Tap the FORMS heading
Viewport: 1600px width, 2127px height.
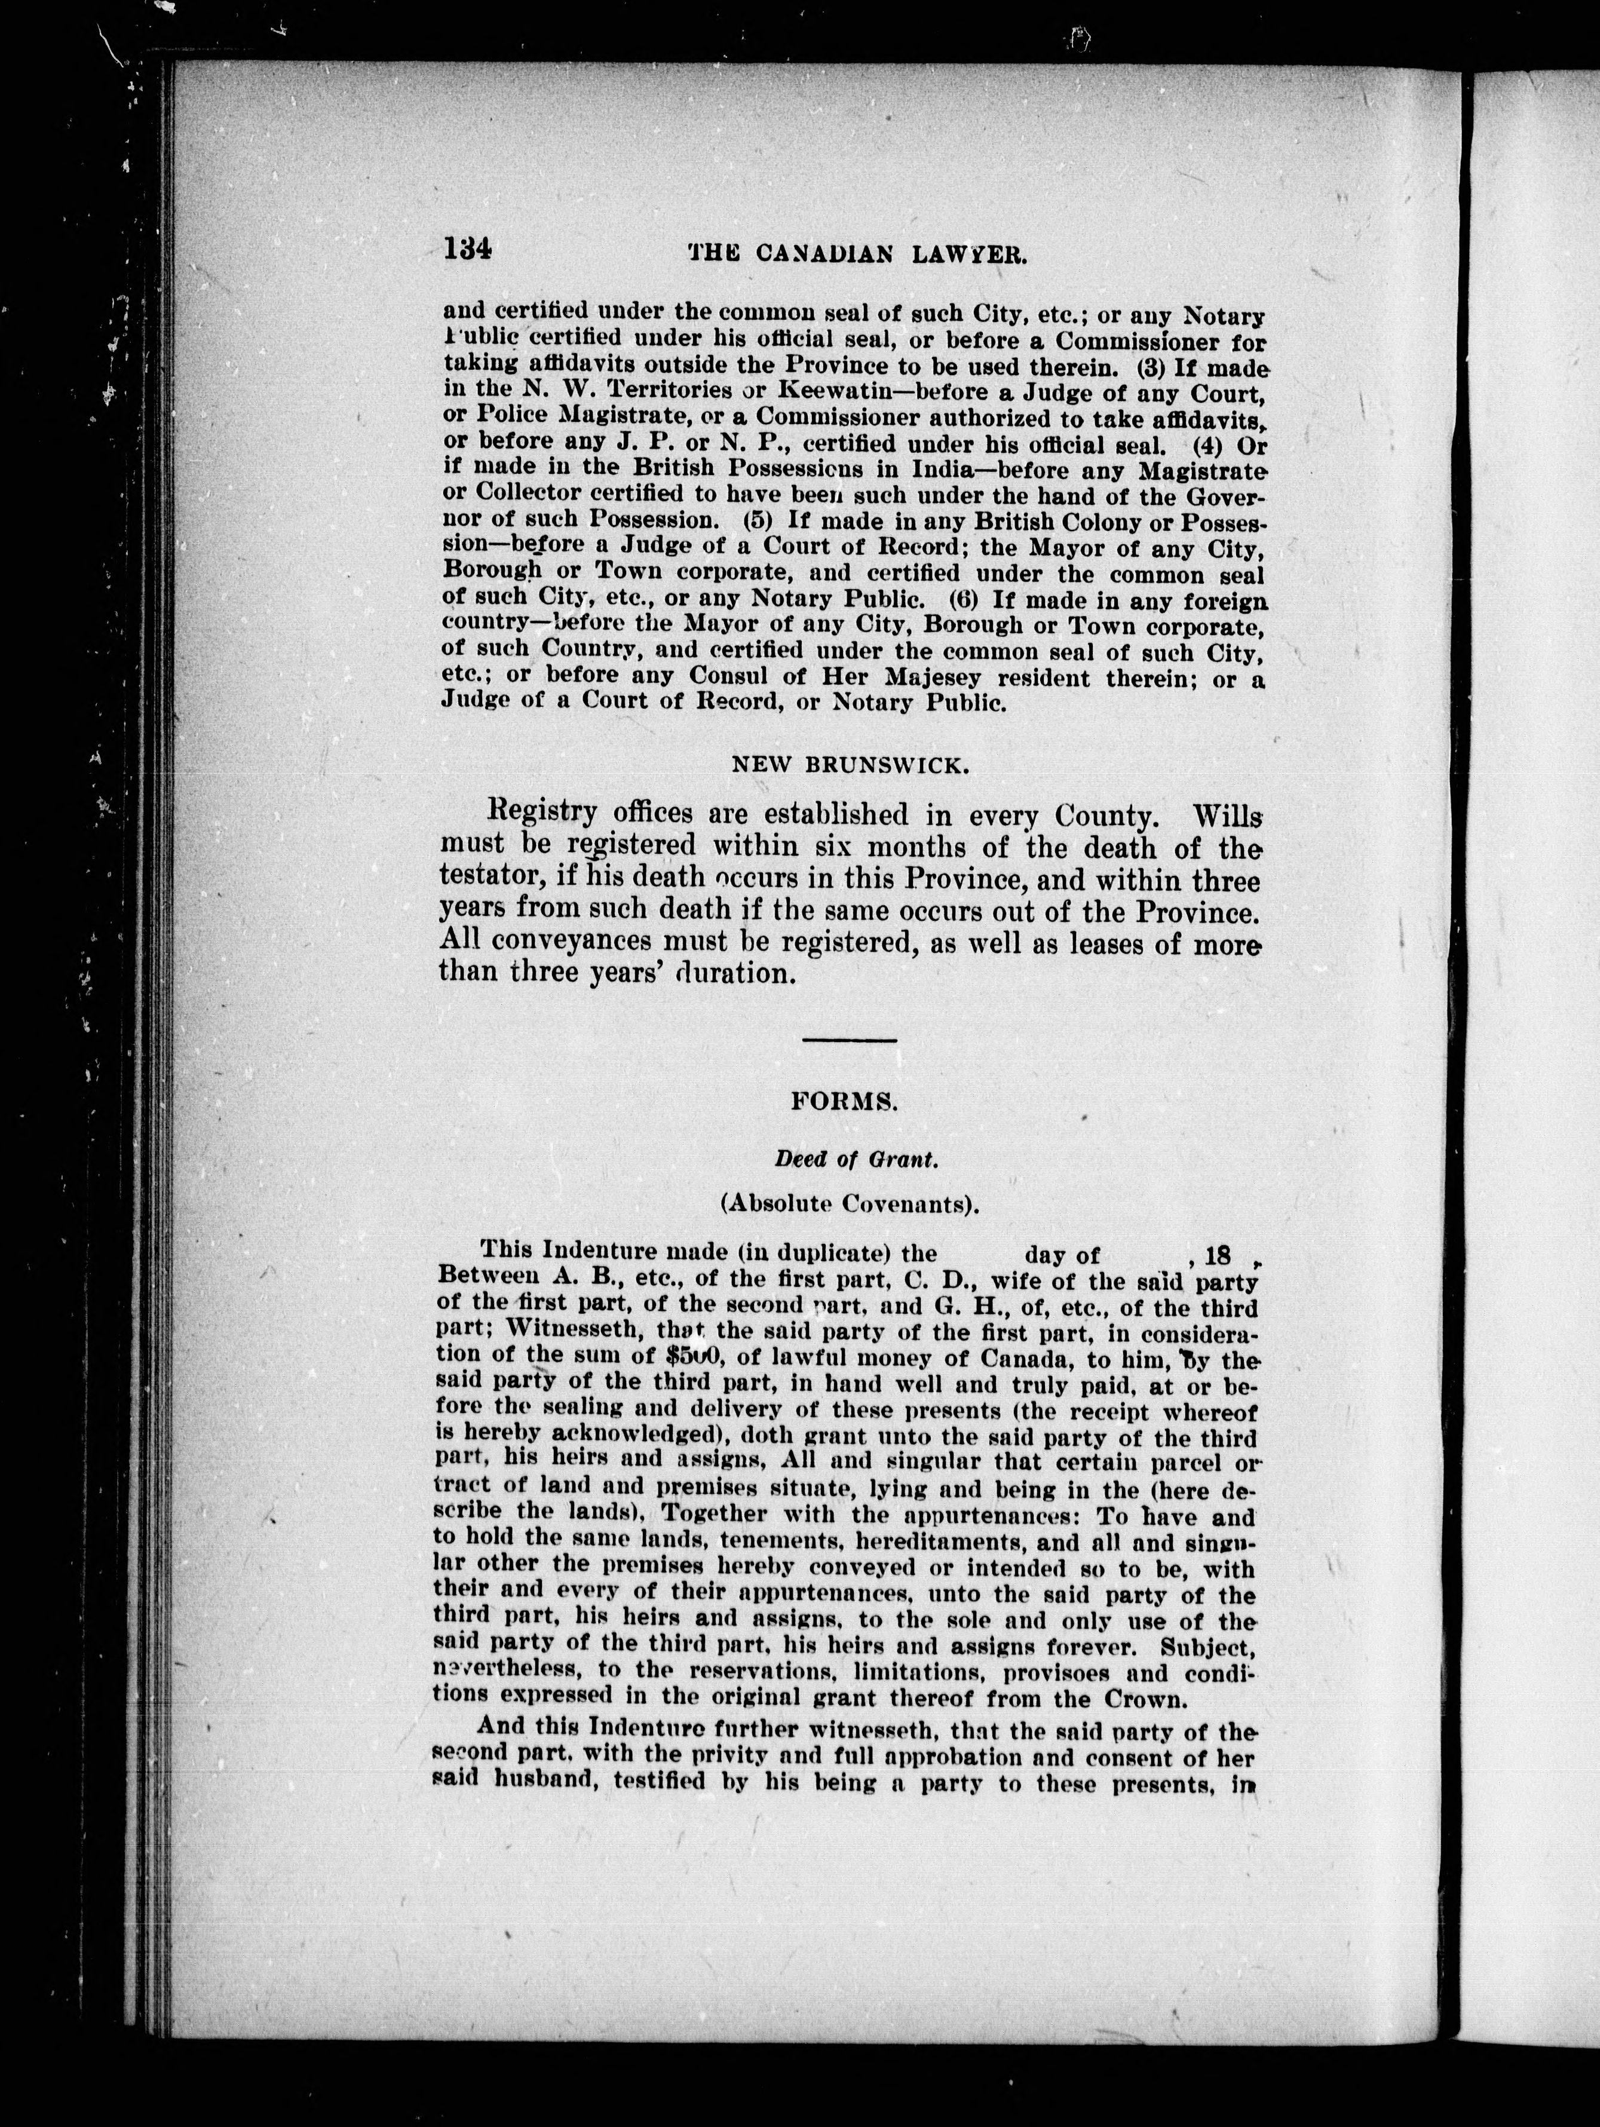point(844,1103)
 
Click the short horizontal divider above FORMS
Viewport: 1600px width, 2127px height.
point(849,1040)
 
